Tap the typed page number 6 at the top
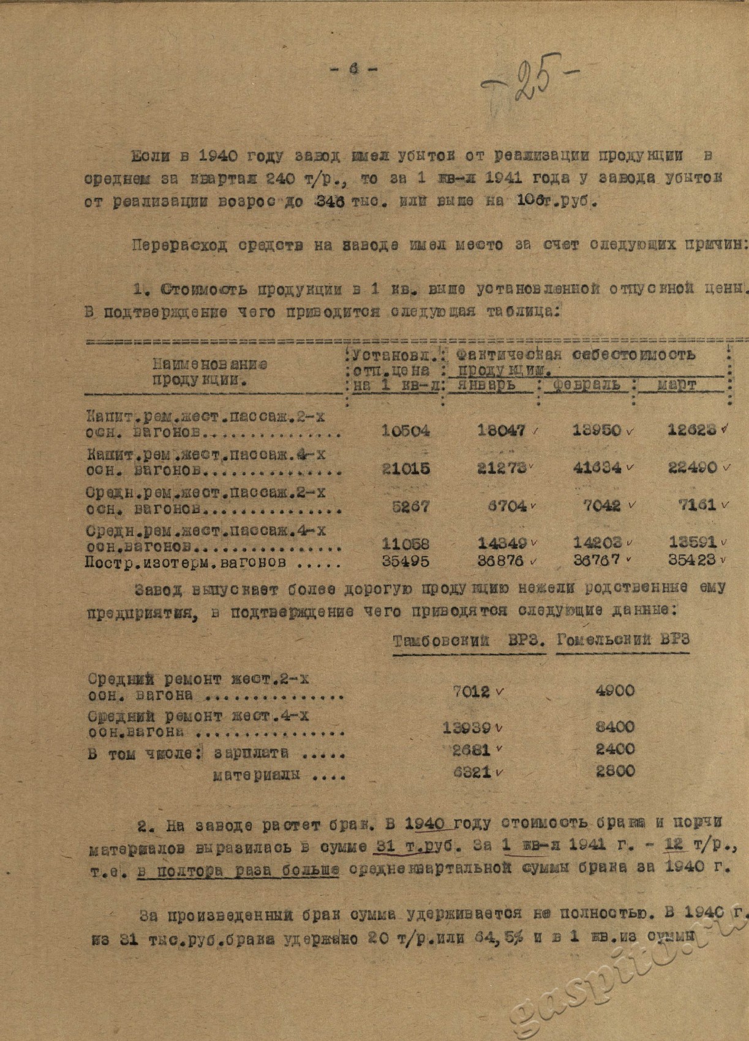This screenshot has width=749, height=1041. click(x=353, y=70)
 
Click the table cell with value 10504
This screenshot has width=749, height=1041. click(x=405, y=430)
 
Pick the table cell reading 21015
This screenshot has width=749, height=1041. click(x=405, y=469)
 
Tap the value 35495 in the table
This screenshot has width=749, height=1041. click(x=405, y=561)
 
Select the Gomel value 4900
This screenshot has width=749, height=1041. click(x=615, y=691)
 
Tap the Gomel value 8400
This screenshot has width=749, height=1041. click(x=615, y=727)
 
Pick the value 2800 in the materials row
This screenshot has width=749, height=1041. click(x=615, y=772)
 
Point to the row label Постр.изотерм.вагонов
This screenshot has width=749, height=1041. click(x=184, y=562)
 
